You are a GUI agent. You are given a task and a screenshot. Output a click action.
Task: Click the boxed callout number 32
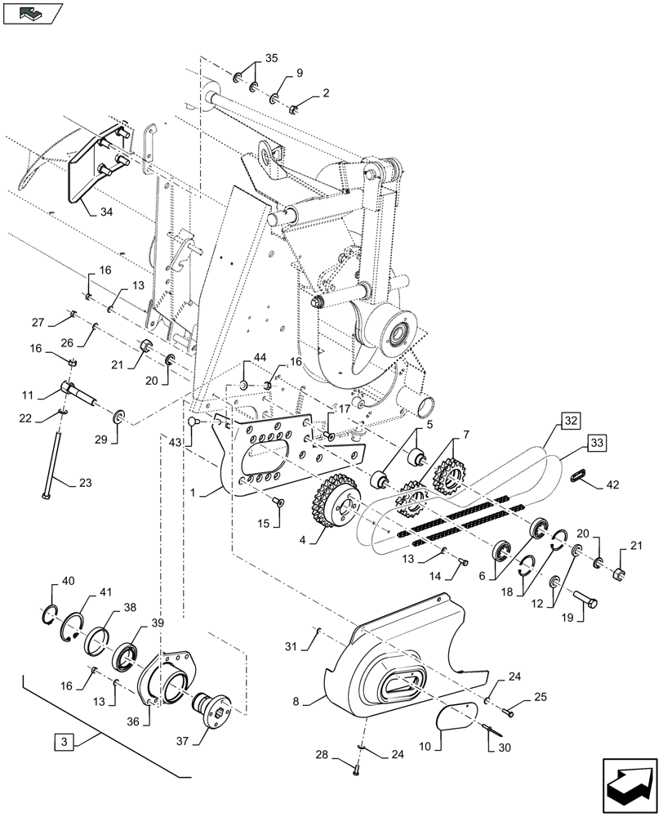pyautogui.click(x=569, y=422)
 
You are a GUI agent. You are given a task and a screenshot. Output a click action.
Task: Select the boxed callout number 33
pyautogui.click(x=597, y=444)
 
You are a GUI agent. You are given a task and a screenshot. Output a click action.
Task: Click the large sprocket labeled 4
pyautogui.click(x=331, y=507)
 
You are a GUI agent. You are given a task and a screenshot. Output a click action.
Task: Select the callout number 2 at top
pyautogui.click(x=326, y=93)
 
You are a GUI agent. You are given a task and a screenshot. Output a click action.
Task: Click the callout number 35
pyautogui.click(x=272, y=58)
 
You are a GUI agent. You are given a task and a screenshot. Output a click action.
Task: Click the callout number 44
pyautogui.click(x=259, y=359)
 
